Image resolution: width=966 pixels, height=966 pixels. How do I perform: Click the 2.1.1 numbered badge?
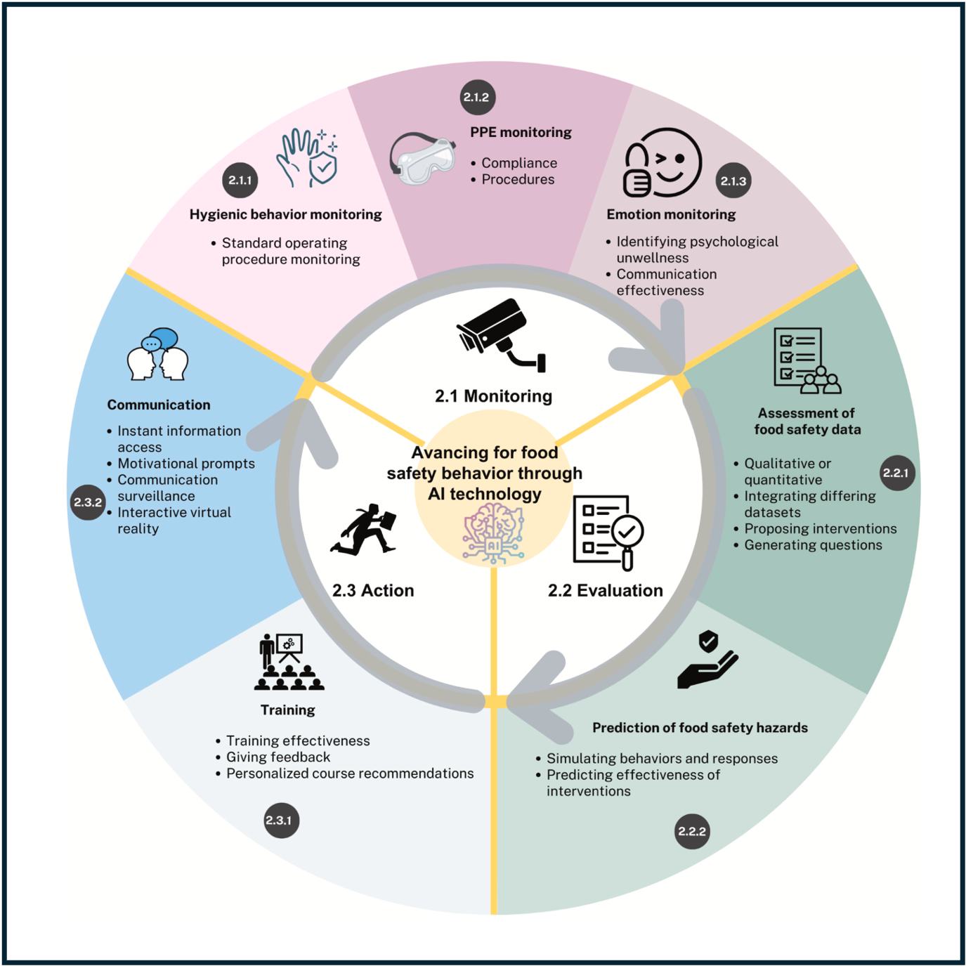click(x=240, y=181)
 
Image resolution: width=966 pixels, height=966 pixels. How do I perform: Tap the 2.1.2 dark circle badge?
click(x=478, y=97)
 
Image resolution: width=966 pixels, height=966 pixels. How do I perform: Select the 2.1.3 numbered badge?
click(x=733, y=181)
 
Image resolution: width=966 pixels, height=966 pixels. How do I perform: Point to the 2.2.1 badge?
click(x=896, y=473)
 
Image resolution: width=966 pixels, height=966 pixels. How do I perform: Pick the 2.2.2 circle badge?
click(x=692, y=831)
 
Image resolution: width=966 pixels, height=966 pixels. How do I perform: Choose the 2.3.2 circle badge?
click(x=88, y=502)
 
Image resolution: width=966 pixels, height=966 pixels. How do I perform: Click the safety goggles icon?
click(x=422, y=158)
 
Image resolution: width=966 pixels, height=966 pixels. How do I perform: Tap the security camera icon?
click(x=500, y=334)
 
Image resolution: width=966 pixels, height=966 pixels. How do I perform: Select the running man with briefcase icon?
click(x=365, y=530)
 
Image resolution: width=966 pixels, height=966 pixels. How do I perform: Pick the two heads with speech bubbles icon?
click(x=157, y=354)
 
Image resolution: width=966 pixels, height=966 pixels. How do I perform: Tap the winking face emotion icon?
click(x=663, y=163)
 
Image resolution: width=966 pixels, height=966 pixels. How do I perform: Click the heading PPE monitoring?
click(x=521, y=132)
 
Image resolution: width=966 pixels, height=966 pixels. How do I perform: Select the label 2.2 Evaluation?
click(x=605, y=590)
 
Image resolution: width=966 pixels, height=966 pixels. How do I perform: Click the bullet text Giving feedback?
click(x=278, y=757)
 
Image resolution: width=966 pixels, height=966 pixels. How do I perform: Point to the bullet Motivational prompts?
click(x=186, y=464)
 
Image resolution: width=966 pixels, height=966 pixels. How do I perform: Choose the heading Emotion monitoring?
click(x=671, y=214)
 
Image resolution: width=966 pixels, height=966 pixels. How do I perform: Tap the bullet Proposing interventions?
click(x=820, y=528)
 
